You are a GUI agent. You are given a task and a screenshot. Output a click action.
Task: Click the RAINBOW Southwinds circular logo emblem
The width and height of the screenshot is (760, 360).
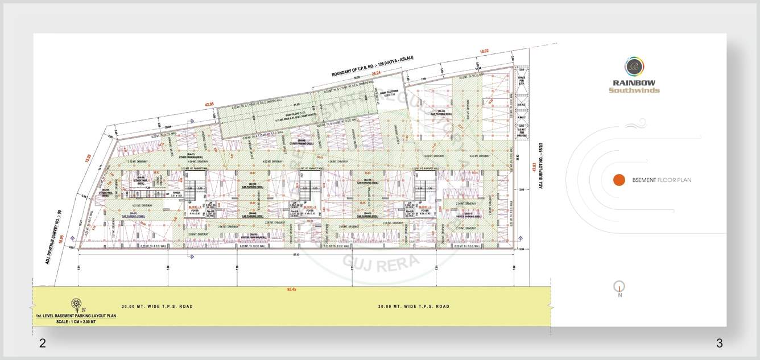634,67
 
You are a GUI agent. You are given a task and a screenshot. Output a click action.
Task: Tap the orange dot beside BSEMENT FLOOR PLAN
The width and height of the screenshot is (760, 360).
619,180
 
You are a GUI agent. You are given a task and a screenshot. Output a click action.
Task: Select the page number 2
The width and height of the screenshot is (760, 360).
42,343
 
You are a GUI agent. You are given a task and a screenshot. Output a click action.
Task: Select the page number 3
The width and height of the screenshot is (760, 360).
719,343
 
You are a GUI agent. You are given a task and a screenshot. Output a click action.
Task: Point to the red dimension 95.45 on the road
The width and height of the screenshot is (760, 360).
292,289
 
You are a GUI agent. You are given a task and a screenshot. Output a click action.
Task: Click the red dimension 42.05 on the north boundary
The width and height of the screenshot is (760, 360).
209,104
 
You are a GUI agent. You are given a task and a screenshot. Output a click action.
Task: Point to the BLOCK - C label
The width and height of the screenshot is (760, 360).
426,208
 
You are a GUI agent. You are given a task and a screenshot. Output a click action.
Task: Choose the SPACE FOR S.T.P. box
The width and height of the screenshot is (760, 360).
521,78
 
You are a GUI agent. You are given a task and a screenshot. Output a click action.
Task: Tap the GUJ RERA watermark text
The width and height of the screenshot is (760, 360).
381,262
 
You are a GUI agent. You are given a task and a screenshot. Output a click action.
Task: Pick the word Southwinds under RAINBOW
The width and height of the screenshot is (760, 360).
634,90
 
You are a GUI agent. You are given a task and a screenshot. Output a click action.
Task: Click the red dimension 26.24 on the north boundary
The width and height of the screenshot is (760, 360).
375,73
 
